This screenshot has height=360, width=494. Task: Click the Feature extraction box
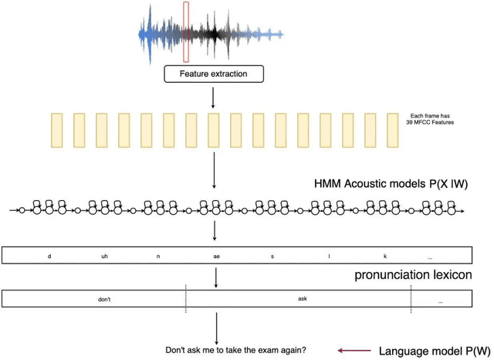pyautogui.click(x=214, y=74)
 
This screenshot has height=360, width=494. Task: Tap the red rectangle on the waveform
pyautogui.click(x=185, y=32)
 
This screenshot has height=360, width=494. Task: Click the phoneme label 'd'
pyautogui.click(x=49, y=256)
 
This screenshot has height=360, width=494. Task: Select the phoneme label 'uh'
pyautogui.click(x=104, y=256)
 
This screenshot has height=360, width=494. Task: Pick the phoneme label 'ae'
pyautogui.click(x=216, y=256)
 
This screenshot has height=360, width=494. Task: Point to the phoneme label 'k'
pyautogui.click(x=385, y=256)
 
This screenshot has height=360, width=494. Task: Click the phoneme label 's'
pyautogui.click(x=272, y=256)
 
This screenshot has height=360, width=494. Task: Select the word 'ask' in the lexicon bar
pyautogui.click(x=302, y=297)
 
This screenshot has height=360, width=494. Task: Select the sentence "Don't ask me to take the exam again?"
pyautogui.click(x=235, y=350)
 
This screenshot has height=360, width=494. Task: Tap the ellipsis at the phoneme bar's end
pyautogui.click(x=429, y=256)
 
